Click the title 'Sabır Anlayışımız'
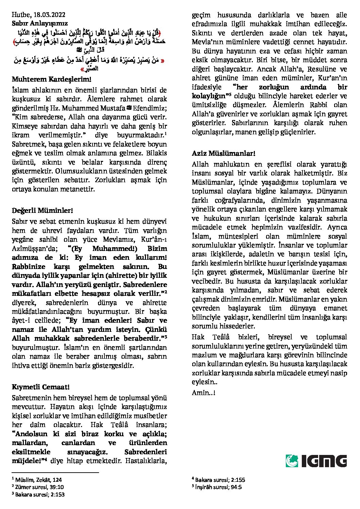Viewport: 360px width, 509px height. tap(40, 23)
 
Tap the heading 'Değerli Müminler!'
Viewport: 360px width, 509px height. tap(43, 211)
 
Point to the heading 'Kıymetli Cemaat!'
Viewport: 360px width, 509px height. tap(41, 387)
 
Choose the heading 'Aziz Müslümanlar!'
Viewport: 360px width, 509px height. tap(224, 154)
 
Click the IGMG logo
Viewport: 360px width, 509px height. tap(316, 461)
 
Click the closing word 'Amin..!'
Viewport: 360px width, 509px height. tap(203, 393)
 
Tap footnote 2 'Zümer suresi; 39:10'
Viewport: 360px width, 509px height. tap(38, 487)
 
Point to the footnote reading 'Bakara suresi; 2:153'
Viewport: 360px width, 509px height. tap(38, 494)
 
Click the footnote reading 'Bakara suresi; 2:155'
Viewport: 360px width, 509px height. tap(218, 480)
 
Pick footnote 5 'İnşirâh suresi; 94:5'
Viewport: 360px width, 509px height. tap(217, 487)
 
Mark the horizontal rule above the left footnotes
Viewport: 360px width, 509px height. tap(55, 472)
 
